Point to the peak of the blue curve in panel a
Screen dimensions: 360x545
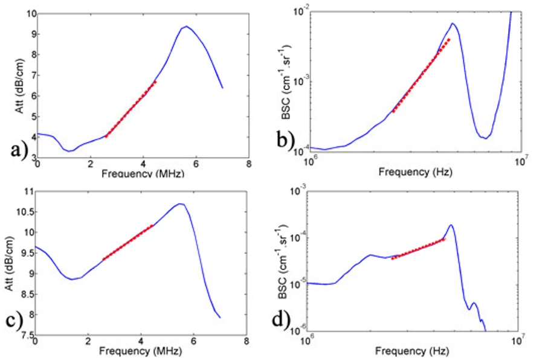tap(187, 27)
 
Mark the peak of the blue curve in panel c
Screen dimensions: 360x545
tap(179, 204)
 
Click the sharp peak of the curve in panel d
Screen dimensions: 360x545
tap(451, 225)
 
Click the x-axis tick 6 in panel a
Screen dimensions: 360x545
tap(195, 163)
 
